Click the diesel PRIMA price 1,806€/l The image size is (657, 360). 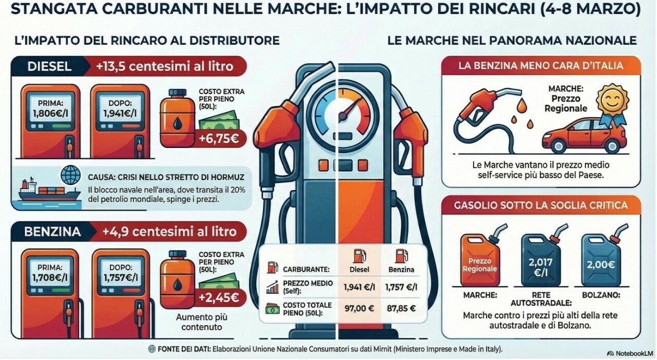point(50,113)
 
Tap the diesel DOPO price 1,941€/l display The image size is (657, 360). point(120,113)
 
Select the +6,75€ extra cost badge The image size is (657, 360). point(219,139)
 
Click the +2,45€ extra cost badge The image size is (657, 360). point(219,297)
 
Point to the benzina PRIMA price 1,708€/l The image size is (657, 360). point(50,277)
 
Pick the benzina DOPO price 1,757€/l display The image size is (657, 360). point(121,277)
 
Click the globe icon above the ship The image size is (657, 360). point(71,175)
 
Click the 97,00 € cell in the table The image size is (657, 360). point(359,308)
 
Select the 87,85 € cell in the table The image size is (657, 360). point(401,308)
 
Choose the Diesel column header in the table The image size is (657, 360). point(359,269)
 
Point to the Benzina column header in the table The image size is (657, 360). point(401,269)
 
